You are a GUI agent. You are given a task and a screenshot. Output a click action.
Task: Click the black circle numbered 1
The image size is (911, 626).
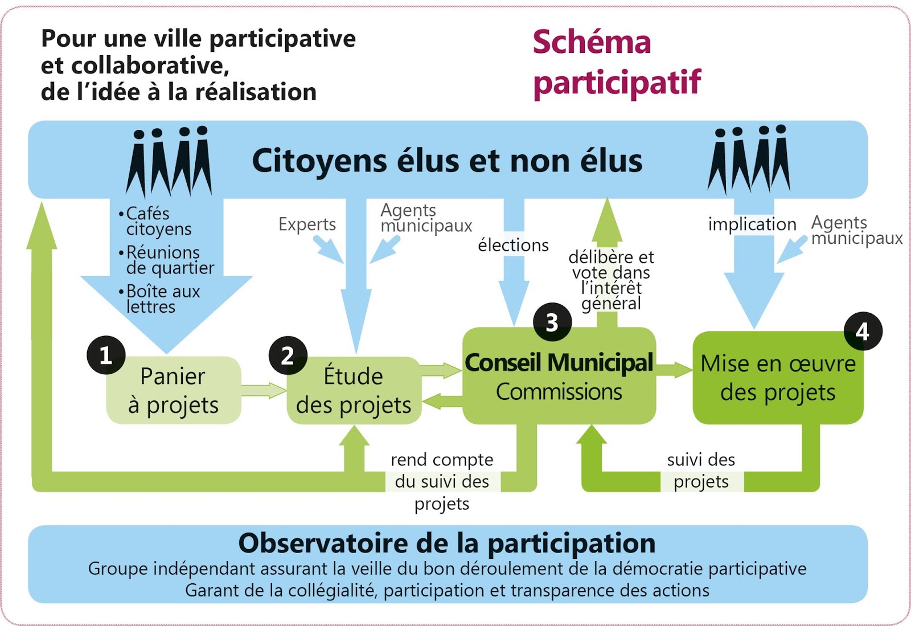pyautogui.click(x=106, y=355)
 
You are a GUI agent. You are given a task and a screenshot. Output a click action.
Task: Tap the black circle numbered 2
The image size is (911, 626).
pyautogui.click(x=288, y=355)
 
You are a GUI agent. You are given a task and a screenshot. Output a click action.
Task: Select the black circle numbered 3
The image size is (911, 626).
pyautogui.click(x=552, y=322)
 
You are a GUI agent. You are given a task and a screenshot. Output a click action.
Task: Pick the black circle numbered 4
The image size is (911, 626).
pyautogui.click(x=863, y=331)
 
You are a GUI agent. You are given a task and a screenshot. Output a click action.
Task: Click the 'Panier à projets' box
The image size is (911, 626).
pyautogui.click(x=174, y=391)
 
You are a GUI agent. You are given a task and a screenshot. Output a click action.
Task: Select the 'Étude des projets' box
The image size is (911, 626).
pyautogui.click(x=354, y=391)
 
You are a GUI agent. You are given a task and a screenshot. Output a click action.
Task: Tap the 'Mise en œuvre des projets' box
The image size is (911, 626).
pyautogui.click(x=778, y=378)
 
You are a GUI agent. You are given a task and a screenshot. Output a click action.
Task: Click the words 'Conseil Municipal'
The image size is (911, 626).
pyautogui.click(x=559, y=362)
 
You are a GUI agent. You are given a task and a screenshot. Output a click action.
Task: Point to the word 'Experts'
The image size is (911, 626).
pyautogui.click(x=307, y=224)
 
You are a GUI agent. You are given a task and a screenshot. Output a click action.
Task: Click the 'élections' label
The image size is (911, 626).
pyautogui.click(x=513, y=245)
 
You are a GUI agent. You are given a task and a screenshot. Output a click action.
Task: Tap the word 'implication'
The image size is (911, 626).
pyautogui.click(x=752, y=224)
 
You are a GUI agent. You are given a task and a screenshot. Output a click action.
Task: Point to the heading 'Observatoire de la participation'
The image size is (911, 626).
pyautogui.click(x=447, y=543)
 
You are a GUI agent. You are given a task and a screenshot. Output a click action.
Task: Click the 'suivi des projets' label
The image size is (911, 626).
pyautogui.click(x=701, y=470)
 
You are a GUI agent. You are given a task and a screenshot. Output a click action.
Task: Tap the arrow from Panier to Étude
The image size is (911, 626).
pyautogui.click(x=264, y=391)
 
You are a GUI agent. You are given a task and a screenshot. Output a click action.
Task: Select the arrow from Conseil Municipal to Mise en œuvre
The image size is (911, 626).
pyautogui.click(x=674, y=369)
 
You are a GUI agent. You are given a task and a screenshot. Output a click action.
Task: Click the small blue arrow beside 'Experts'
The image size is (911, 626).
pyautogui.click(x=329, y=249)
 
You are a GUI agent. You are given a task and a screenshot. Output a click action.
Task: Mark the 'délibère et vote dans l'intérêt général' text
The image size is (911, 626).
pyautogui.click(x=612, y=280)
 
